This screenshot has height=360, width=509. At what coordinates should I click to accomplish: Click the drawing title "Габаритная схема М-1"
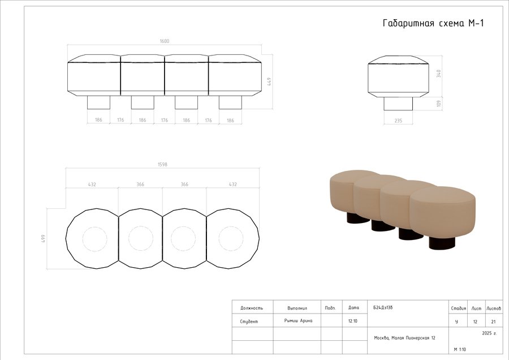[433, 23]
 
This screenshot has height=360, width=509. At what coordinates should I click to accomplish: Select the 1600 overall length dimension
[165, 41]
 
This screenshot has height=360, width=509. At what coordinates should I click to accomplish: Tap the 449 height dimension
[269, 82]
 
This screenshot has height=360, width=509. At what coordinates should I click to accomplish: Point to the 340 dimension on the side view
[439, 74]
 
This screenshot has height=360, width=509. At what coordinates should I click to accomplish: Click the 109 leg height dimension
[439, 104]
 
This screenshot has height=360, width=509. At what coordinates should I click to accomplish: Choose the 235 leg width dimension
[398, 121]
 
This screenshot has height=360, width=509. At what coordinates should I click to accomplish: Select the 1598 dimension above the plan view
[162, 164]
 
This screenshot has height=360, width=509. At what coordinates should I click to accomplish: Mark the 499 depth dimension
[43, 238]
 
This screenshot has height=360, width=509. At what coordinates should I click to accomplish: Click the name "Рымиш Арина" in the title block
[298, 321]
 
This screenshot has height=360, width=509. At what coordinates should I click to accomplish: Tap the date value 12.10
[353, 321]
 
